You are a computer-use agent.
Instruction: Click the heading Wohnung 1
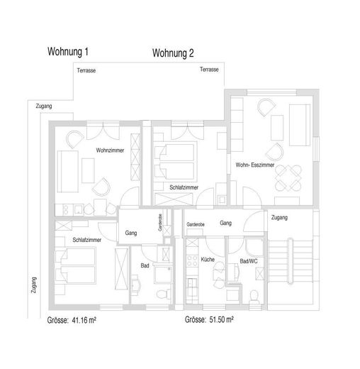68,52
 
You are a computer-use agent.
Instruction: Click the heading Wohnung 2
173,53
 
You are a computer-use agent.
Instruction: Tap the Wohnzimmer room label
110,150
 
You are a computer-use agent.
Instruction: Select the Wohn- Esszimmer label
255,165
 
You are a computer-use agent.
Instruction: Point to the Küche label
208,260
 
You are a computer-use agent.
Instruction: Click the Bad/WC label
249,261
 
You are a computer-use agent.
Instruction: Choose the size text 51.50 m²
221,319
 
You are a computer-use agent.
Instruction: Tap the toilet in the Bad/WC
254,297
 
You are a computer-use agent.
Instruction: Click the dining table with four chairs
288,178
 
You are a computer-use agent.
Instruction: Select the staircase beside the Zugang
291,261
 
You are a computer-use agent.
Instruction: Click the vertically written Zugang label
34,285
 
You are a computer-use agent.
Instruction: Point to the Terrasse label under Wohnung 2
209,70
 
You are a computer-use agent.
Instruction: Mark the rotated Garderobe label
160,222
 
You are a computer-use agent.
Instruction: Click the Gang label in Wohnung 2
225,223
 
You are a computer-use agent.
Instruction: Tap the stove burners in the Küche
192,260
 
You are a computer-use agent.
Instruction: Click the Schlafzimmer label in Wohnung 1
86,240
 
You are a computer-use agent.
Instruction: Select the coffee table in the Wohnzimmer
88,170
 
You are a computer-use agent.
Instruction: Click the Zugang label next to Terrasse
44,106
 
